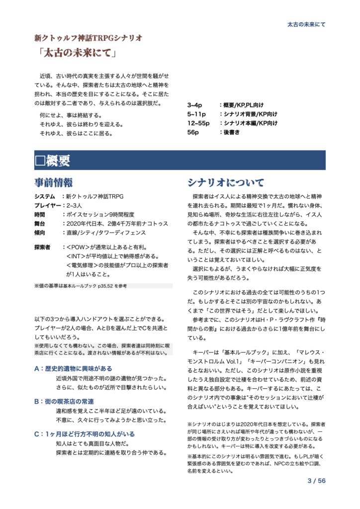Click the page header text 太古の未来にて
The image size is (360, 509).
pos(306,24)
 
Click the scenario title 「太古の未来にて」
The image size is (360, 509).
pos(76,53)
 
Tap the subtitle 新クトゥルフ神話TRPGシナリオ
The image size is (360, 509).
pos(88,38)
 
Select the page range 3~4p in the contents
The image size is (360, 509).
pos(194,106)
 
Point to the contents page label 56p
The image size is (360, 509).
pos(193,132)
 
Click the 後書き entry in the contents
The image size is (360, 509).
pos(232,132)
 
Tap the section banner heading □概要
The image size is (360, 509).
pos(53,161)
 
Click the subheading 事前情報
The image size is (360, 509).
pos(54,182)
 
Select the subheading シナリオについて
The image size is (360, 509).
pos(226,182)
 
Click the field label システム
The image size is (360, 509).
pos(45,197)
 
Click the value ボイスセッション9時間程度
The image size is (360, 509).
pos(100,215)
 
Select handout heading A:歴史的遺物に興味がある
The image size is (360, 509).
pos(73,369)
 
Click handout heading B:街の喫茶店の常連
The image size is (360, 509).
pos(64,401)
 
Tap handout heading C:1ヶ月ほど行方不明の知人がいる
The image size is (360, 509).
pos(85,434)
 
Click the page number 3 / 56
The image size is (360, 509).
pos(316,481)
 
